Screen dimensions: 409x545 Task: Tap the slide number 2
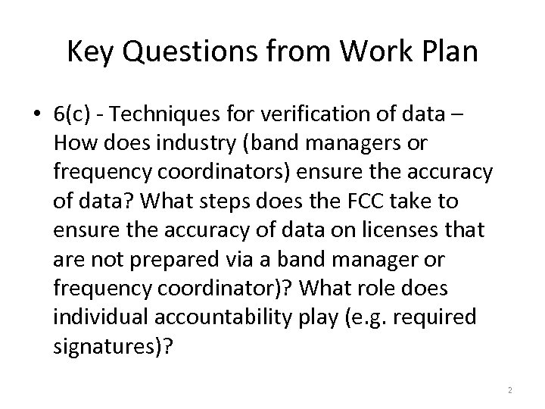tap(510, 389)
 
